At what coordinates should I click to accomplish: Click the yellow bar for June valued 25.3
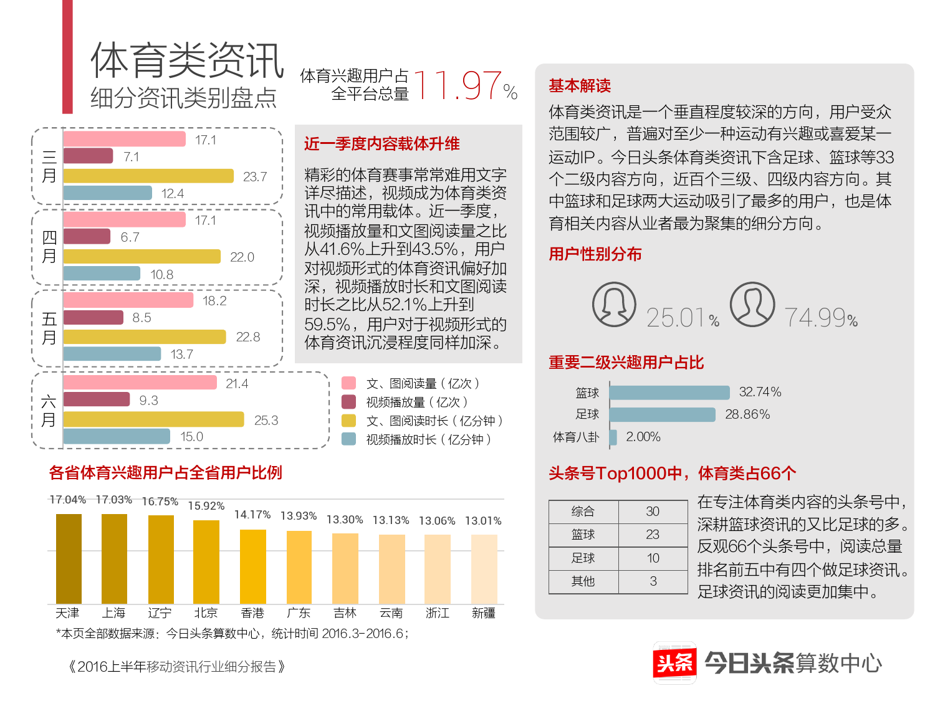tap(153, 419)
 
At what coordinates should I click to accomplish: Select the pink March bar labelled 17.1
tap(124, 139)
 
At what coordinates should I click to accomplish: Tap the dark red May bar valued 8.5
tap(93, 318)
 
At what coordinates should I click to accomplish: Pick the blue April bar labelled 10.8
tap(102, 274)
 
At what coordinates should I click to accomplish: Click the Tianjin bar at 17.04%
tap(69, 558)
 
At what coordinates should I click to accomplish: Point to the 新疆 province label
tap(484, 613)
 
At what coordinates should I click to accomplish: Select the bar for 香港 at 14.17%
tap(252, 566)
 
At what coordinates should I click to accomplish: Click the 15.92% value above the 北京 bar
tap(206, 506)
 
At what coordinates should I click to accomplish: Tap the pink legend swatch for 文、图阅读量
tap(348, 383)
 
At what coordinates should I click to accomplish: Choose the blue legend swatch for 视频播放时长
tap(348, 439)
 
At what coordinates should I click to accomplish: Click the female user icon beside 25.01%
tap(614, 305)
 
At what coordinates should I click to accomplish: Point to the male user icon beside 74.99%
tap(752, 305)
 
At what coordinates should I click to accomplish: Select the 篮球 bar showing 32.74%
tap(669, 393)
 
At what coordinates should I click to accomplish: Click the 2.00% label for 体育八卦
tap(643, 437)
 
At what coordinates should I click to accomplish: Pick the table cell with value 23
tap(653, 535)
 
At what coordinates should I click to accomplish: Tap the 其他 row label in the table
tap(583, 581)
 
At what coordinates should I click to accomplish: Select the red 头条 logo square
tap(674, 662)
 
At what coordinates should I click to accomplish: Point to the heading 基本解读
tap(580, 85)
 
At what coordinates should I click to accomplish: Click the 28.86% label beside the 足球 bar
tap(747, 414)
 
